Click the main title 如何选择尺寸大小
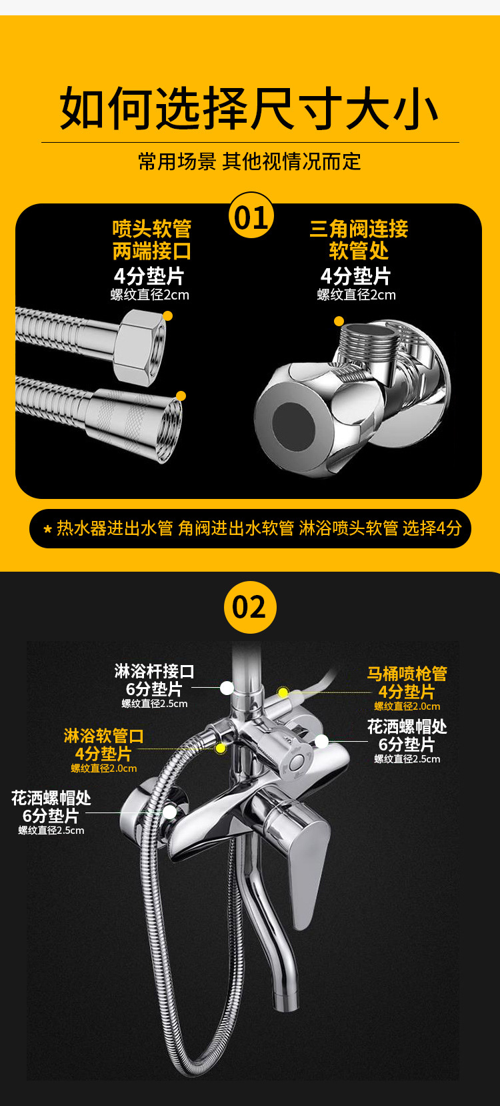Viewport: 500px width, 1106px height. (249, 109)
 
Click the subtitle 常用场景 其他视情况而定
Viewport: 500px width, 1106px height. (249, 161)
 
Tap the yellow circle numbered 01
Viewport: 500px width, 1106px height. (251, 215)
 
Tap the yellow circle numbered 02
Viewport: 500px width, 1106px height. (249, 606)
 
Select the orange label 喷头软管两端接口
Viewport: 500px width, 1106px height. (151, 240)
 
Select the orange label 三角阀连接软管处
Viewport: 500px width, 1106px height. (359, 240)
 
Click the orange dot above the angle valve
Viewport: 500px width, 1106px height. (339, 321)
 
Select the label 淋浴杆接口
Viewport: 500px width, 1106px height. (154, 671)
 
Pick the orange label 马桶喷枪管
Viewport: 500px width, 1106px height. (407, 674)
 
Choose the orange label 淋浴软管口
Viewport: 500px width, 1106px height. (103, 736)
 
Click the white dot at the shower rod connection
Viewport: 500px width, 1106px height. (227, 688)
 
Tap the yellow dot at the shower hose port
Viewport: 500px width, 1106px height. (220, 748)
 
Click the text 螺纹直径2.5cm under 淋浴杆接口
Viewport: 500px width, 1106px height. (154, 704)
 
